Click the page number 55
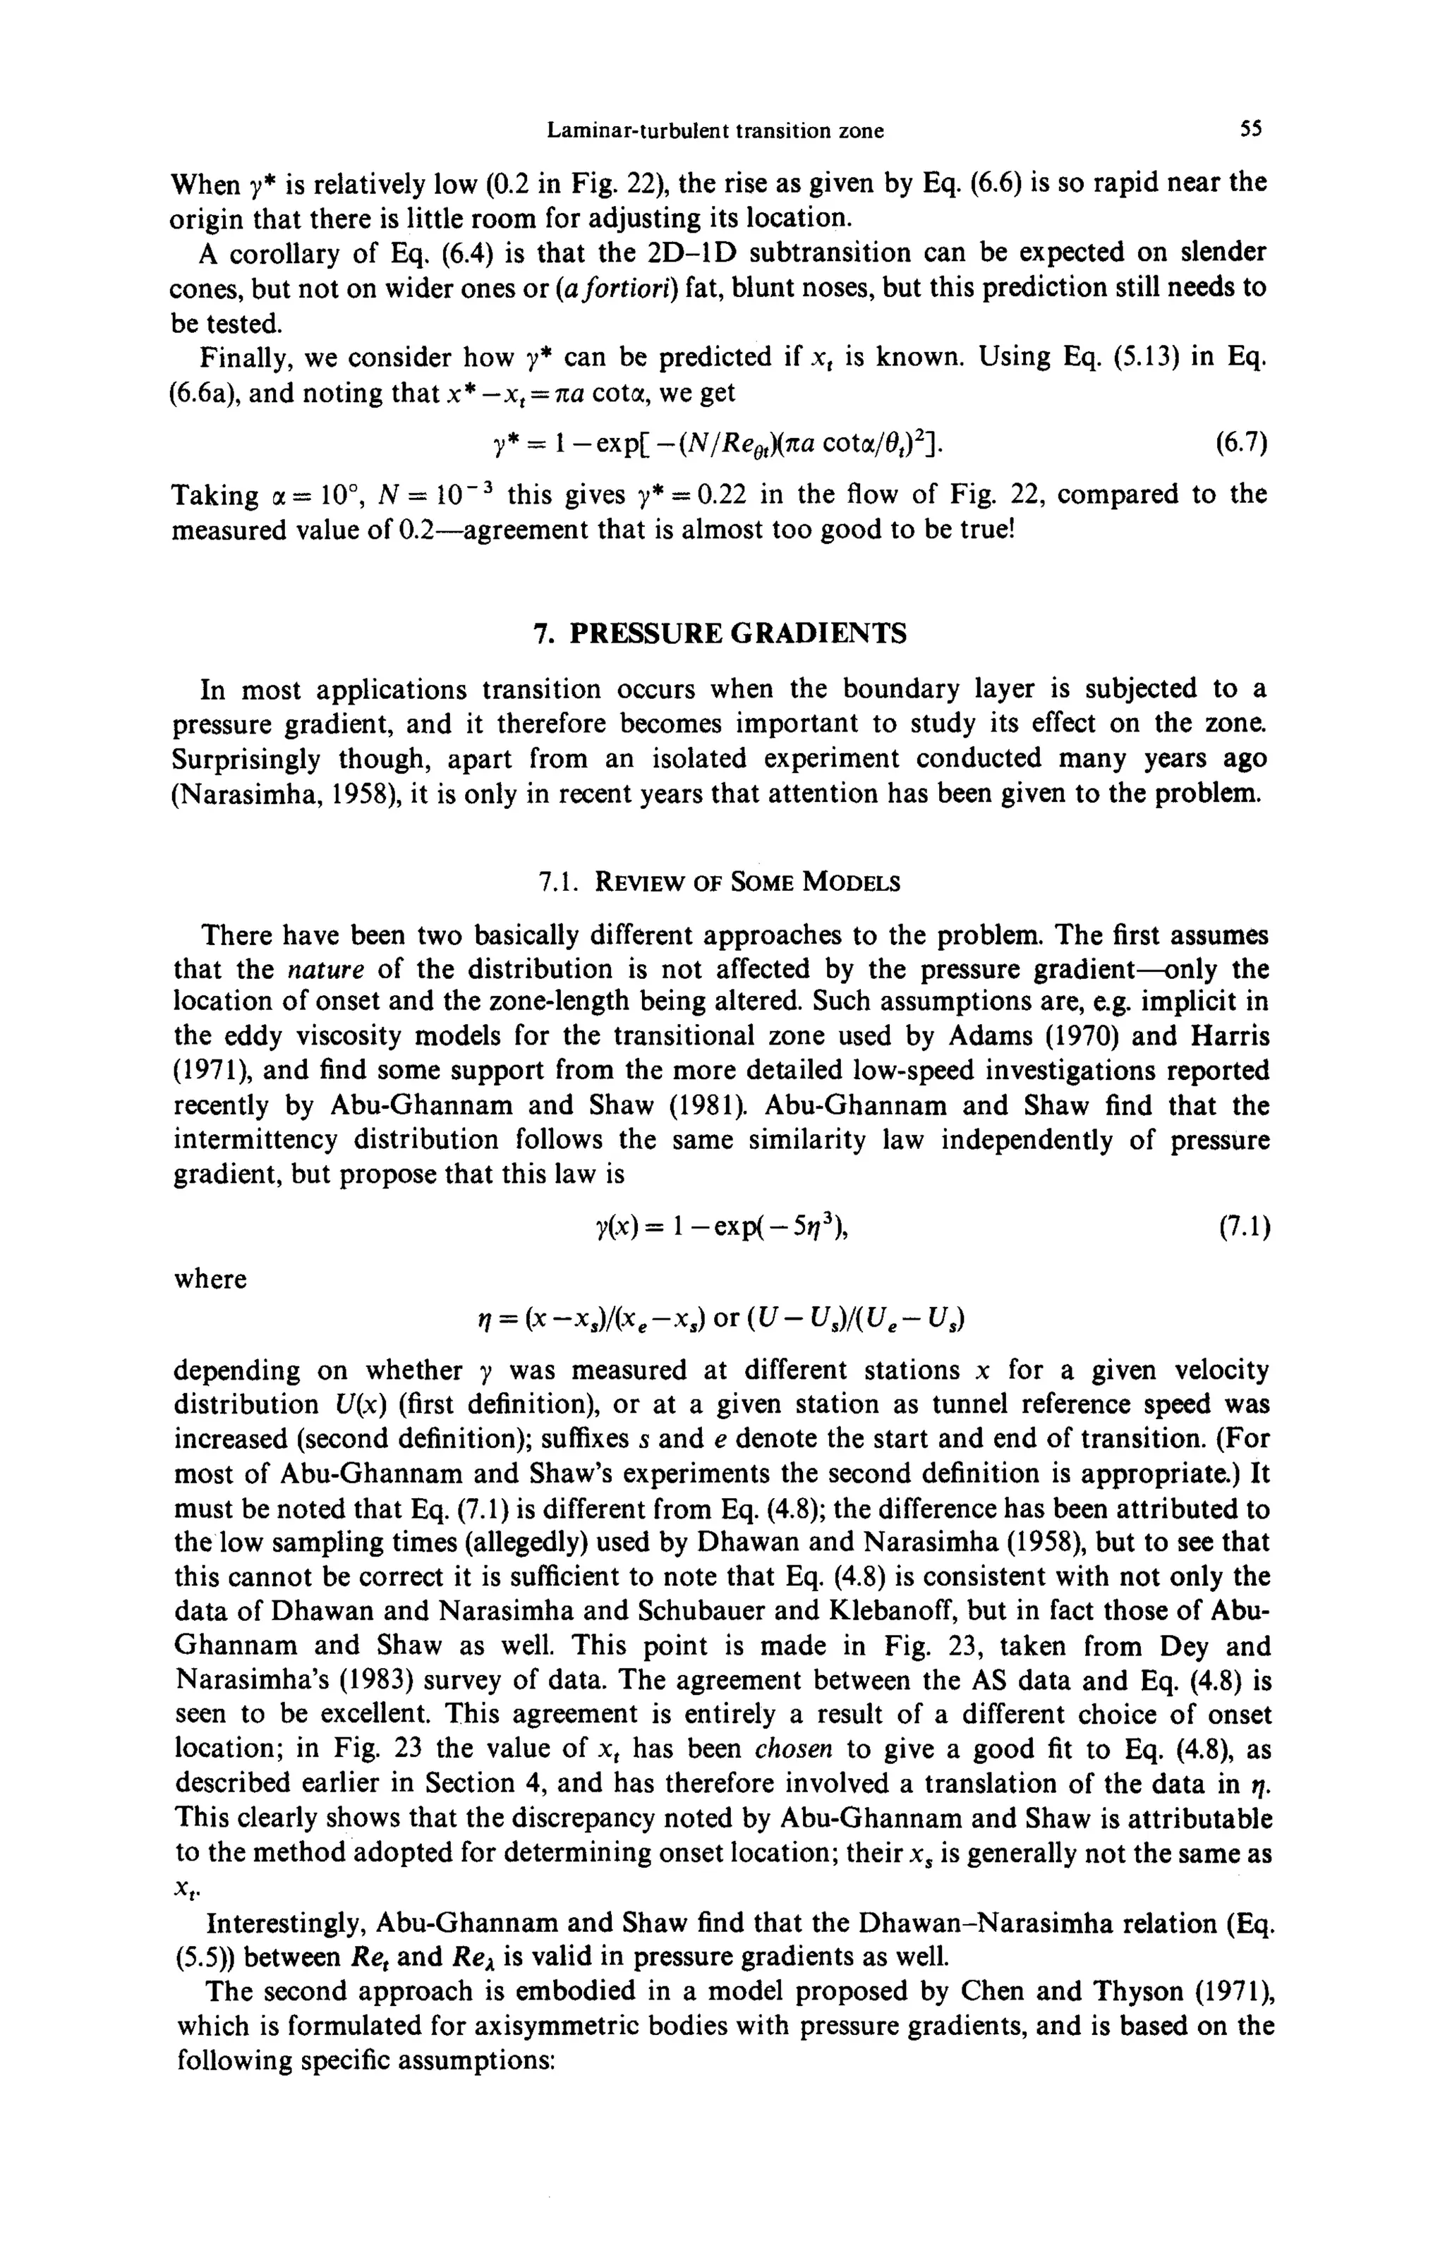(x=1251, y=130)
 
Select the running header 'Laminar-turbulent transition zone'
(x=715, y=131)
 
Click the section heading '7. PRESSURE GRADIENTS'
(x=720, y=635)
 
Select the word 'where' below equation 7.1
(x=210, y=1279)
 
